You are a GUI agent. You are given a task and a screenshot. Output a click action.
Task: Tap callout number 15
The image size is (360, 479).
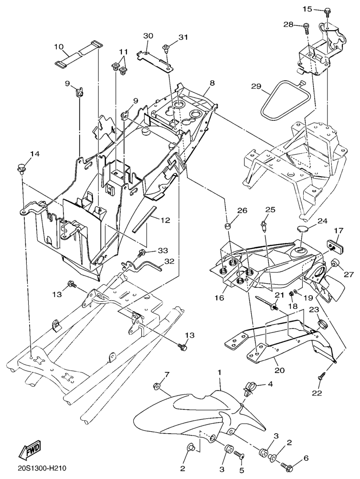(x=307, y=9)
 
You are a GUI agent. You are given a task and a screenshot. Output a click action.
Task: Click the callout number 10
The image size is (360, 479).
(x=58, y=47)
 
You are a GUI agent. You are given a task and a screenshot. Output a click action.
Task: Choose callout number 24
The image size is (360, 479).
(x=323, y=221)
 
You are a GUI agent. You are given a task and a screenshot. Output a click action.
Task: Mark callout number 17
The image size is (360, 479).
(x=339, y=231)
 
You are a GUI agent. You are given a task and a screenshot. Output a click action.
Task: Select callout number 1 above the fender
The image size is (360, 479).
(x=220, y=371)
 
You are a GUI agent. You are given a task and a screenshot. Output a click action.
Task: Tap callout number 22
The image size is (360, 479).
(x=317, y=393)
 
